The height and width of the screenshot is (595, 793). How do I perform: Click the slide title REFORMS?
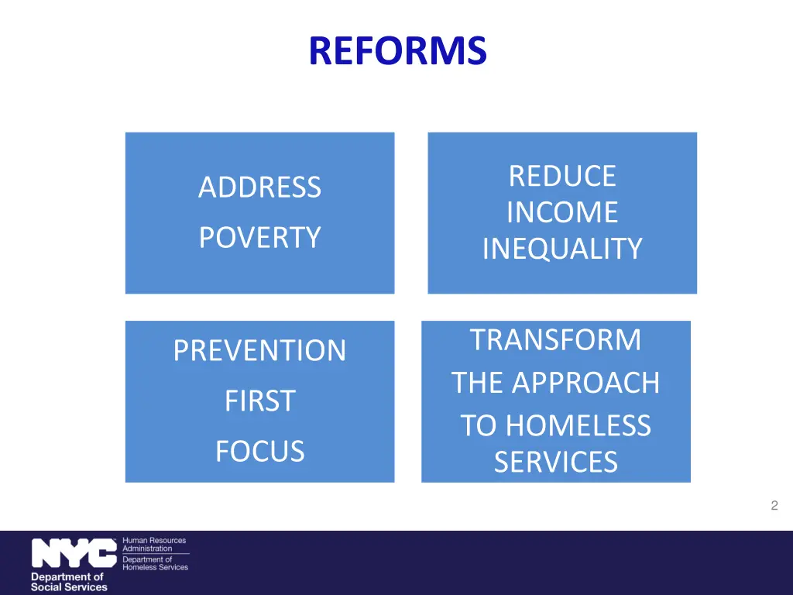click(397, 51)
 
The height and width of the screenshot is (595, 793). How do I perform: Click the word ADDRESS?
click(259, 187)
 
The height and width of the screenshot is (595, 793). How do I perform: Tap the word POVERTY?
click(259, 237)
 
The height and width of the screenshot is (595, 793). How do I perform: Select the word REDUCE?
click(562, 176)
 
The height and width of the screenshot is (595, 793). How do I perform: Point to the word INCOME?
click(562, 212)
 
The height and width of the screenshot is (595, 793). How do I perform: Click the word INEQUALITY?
click(562, 249)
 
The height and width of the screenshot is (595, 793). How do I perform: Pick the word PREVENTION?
click(259, 351)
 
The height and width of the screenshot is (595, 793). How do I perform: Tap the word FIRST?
click(259, 401)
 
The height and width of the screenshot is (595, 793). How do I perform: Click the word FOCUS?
click(259, 451)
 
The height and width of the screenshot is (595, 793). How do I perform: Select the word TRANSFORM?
click(556, 340)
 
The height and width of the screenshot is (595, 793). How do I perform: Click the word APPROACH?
click(587, 383)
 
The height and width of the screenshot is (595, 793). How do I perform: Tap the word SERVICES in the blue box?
click(556, 463)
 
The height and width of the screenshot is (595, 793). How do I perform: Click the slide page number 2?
click(774, 506)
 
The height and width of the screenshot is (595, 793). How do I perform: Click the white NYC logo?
click(74, 554)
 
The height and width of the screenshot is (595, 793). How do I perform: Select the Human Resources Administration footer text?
click(154, 544)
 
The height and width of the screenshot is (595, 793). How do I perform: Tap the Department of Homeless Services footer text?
click(155, 563)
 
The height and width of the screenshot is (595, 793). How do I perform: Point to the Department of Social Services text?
click(68, 582)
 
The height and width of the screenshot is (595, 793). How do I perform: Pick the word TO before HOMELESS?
click(478, 426)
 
